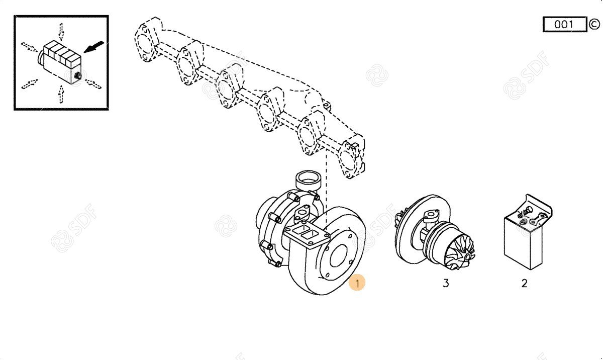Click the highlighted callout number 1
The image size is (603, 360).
[x=357, y=283]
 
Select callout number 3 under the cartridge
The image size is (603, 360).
[x=446, y=283]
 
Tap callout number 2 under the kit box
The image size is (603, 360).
[x=524, y=283]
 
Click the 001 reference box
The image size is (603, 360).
[x=564, y=25]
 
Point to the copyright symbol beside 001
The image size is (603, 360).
[x=594, y=24]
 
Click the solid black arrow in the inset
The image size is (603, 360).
[x=93, y=47]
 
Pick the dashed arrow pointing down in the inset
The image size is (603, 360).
[x=61, y=31]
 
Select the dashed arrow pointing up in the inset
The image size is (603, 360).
[x=61, y=94]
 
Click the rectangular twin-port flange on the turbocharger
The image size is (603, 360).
[x=308, y=234]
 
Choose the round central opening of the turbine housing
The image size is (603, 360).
[x=339, y=255]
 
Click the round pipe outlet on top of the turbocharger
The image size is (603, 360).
[x=308, y=179]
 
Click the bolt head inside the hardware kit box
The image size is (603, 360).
[x=527, y=210]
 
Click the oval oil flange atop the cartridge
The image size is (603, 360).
[x=431, y=215]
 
